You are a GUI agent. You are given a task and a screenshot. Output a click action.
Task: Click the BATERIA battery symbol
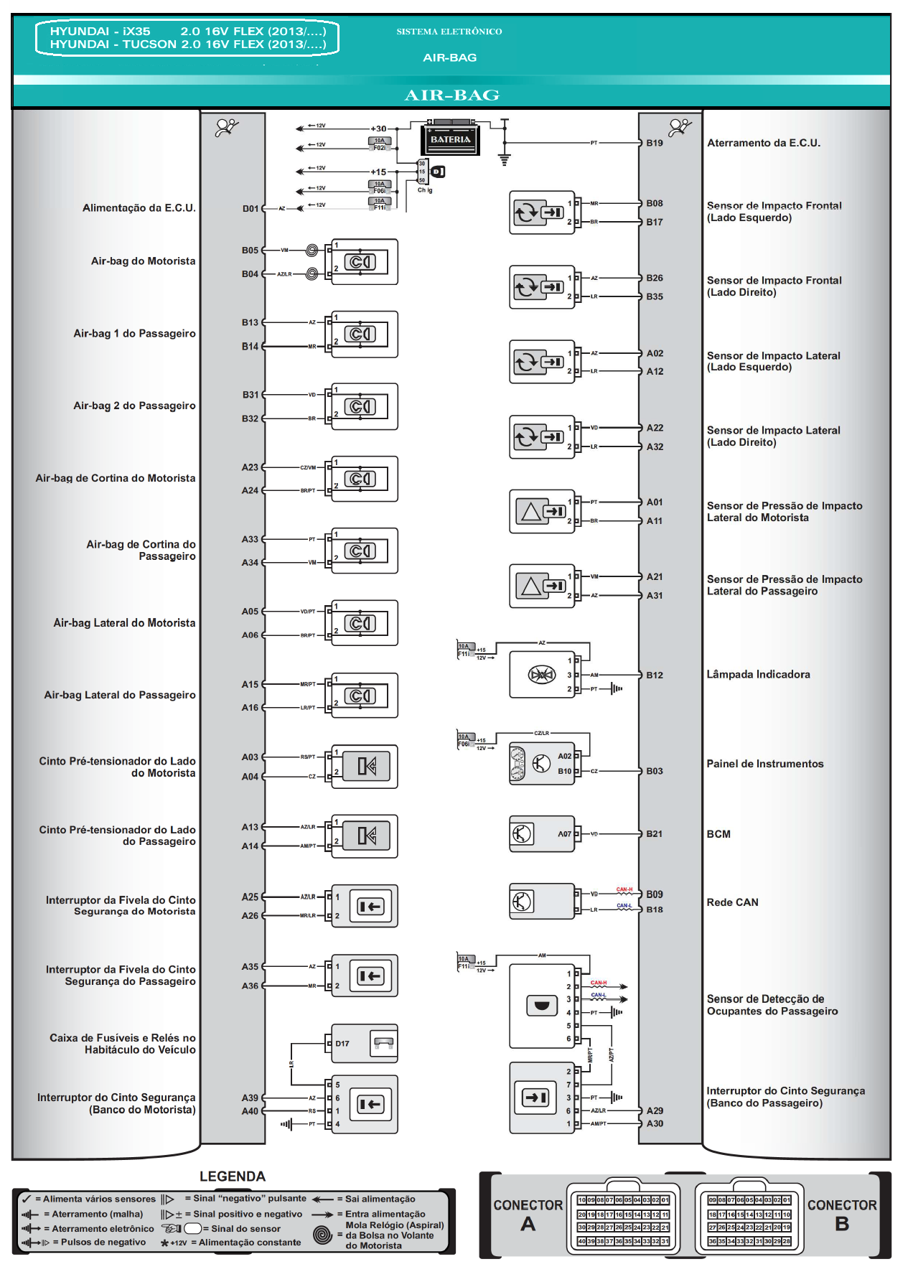pyautogui.click(x=450, y=139)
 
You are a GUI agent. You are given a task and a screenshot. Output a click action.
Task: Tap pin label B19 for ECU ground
pyautogui.click(x=654, y=143)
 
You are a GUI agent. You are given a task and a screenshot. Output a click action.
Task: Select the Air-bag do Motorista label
pyautogui.click(x=143, y=261)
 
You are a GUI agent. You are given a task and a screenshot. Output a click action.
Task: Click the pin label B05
pyautogui.click(x=250, y=251)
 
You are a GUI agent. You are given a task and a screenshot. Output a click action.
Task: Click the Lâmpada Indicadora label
pyautogui.click(x=758, y=675)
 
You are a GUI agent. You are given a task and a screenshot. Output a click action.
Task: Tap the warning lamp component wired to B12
pyautogui.click(x=542, y=675)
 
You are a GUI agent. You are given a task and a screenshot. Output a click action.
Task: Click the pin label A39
pyautogui.click(x=250, y=1098)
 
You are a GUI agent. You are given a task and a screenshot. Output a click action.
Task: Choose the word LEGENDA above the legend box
pyautogui.click(x=233, y=1177)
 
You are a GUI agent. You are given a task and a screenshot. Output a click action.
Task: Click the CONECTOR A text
pyautogui.click(x=528, y=1206)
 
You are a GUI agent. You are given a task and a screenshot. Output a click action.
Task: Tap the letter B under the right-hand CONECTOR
pyautogui.click(x=842, y=1225)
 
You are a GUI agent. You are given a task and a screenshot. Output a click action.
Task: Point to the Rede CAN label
pyautogui.click(x=732, y=902)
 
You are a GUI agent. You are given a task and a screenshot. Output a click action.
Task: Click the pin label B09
pyautogui.click(x=654, y=894)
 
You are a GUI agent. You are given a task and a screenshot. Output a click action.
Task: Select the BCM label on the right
pyautogui.click(x=718, y=834)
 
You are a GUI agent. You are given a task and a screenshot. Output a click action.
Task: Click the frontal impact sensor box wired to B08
pyautogui.click(x=541, y=212)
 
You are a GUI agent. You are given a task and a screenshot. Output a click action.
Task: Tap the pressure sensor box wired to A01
pyautogui.click(x=541, y=512)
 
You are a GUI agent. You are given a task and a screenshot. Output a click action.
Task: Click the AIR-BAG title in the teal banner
pyautogui.click(x=451, y=95)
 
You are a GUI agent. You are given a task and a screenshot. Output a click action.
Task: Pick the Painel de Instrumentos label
pyautogui.click(x=765, y=764)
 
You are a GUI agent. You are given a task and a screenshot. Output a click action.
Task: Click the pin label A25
pyautogui.click(x=250, y=897)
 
